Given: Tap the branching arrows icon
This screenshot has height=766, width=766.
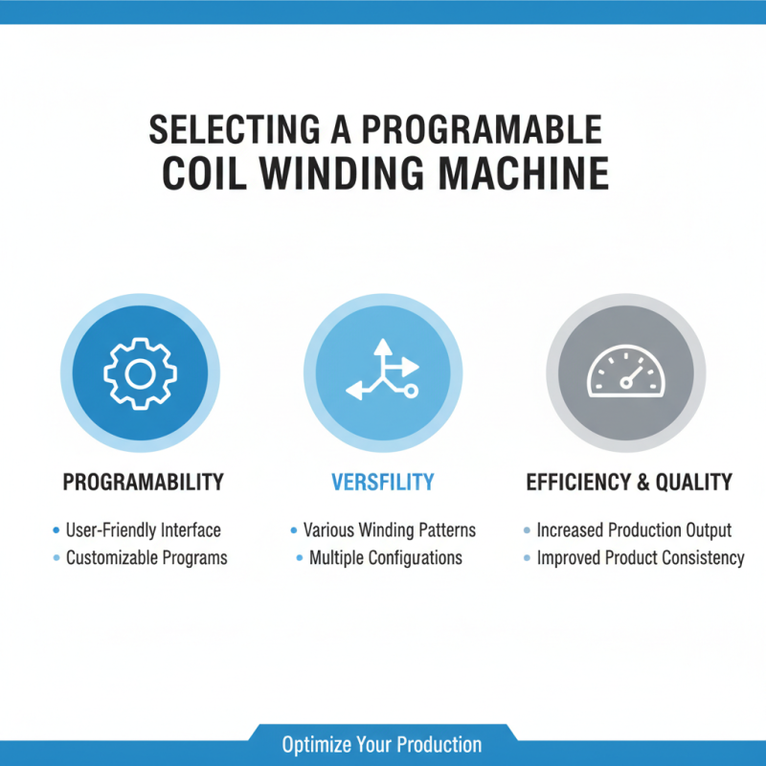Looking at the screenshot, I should pyautogui.click(x=383, y=370).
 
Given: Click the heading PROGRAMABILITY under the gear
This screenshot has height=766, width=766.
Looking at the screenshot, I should pyautogui.click(x=144, y=482).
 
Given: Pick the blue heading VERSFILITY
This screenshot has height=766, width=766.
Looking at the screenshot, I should pyautogui.click(x=383, y=482).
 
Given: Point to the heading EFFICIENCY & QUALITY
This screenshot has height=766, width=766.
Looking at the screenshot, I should pyautogui.click(x=629, y=482).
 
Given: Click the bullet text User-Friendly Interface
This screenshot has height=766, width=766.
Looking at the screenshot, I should pyautogui.click(x=143, y=529).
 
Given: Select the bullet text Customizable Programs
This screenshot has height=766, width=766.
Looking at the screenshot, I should pyautogui.click(x=146, y=557).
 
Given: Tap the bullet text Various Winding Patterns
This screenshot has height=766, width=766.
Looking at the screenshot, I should pyautogui.click(x=389, y=529).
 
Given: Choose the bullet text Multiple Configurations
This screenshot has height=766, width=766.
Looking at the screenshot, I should pyautogui.click(x=385, y=557).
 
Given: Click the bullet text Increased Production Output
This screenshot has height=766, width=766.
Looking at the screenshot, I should pyautogui.click(x=634, y=529).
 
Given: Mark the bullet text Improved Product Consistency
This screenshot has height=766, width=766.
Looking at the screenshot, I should pyautogui.click(x=640, y=557).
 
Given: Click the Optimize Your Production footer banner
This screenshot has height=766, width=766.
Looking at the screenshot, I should pyautogui.click(x=382, y=744).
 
